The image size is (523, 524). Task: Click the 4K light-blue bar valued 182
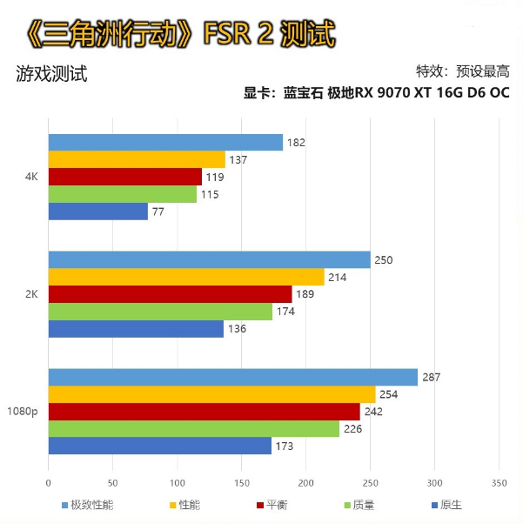pyautogui.click(x=165, y=143)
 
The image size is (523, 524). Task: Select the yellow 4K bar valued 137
pyautogui.click(x=137, y=159)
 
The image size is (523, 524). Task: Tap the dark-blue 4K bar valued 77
pyautogui.click(x=97, y=211)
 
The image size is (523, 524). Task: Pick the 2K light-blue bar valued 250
pyautogui.click(x=209, y=259)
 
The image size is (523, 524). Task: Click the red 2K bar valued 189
pyautogui.click(x=170, y=294)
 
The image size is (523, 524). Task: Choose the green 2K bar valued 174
pyautogui.click(x=160, y=311)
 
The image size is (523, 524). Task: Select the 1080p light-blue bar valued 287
pyautogui.click(x=232, y=377)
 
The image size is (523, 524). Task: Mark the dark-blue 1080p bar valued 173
pyautogui.click(x=159, y=446)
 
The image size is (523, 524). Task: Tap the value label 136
pyautogui.click(x=238, y=328)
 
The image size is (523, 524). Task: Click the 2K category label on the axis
pyautogui.click(x=31, y=293)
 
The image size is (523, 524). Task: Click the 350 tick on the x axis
pyautogui.click(x=499, y=481)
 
